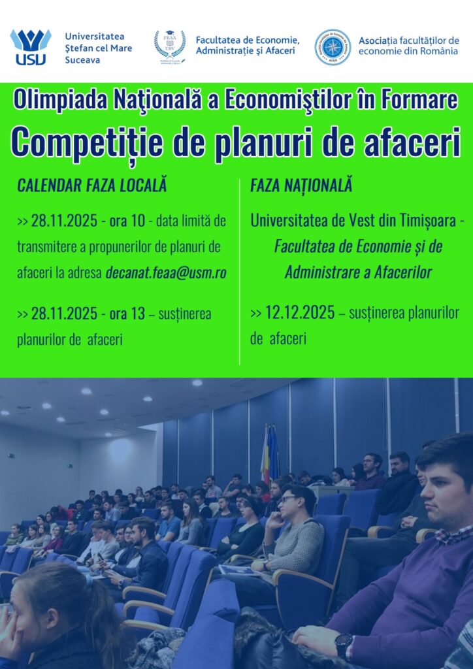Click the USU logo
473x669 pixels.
(31, 47)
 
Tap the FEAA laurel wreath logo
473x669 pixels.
(170, 46)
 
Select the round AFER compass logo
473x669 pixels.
(333, 47)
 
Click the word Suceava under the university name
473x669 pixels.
(82, 60)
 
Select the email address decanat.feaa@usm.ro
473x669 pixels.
(166, 272)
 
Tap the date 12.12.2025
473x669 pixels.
(300, 313)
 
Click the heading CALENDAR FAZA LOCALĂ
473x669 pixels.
(91, 186)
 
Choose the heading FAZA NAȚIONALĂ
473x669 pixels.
(301, 186)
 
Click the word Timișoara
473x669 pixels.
(429, 221)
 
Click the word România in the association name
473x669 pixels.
(439, 51)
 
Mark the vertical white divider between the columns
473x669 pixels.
(239, 272)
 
